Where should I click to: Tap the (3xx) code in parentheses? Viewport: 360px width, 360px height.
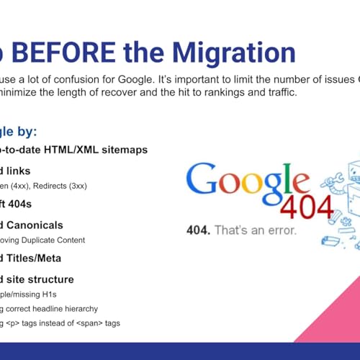click(77, 186)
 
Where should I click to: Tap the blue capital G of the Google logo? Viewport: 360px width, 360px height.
click(202, 179)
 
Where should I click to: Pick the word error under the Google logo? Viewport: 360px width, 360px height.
click(281, 230)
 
